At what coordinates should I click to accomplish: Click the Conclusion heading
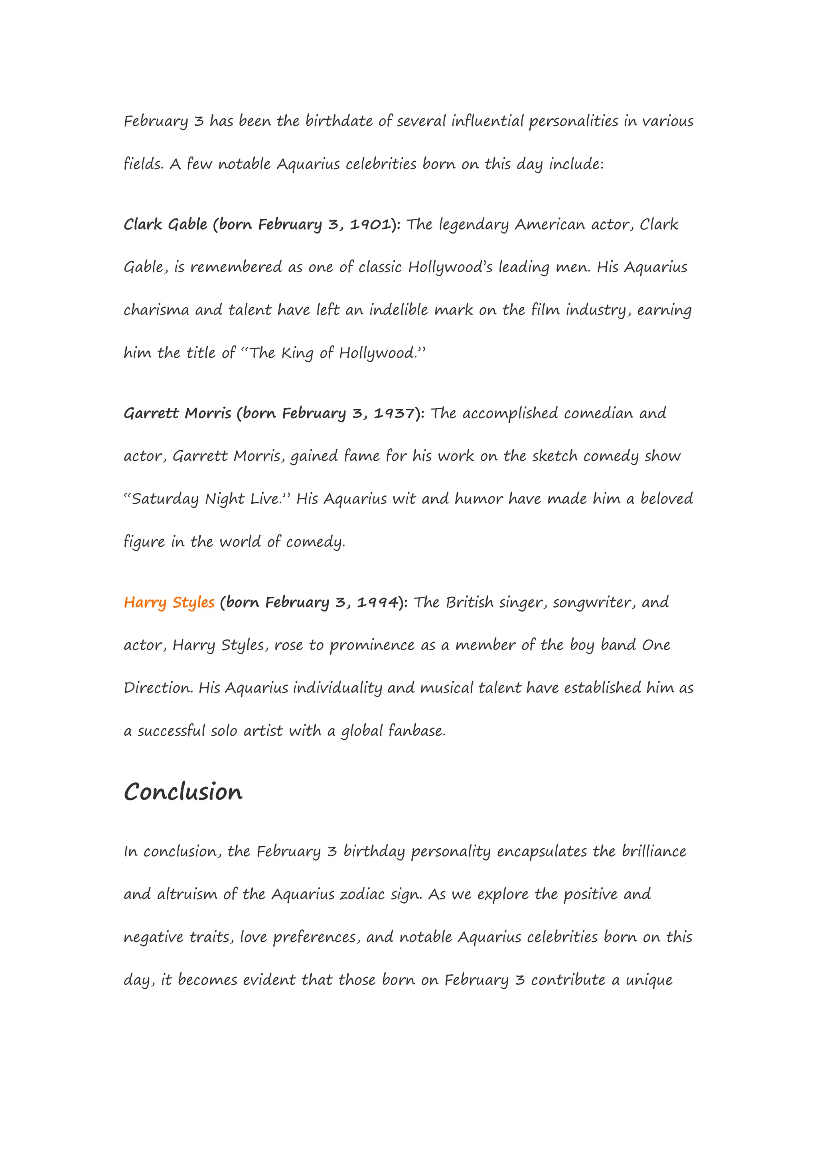183,792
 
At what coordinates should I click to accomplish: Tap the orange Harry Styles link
169,603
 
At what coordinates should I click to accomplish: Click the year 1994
377,603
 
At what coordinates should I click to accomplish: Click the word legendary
474,225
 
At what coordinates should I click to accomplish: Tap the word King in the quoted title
297,353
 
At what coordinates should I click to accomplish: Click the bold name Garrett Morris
178,414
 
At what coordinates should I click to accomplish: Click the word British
470,603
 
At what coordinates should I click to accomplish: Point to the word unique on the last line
649,980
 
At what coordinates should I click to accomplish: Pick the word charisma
156,310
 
